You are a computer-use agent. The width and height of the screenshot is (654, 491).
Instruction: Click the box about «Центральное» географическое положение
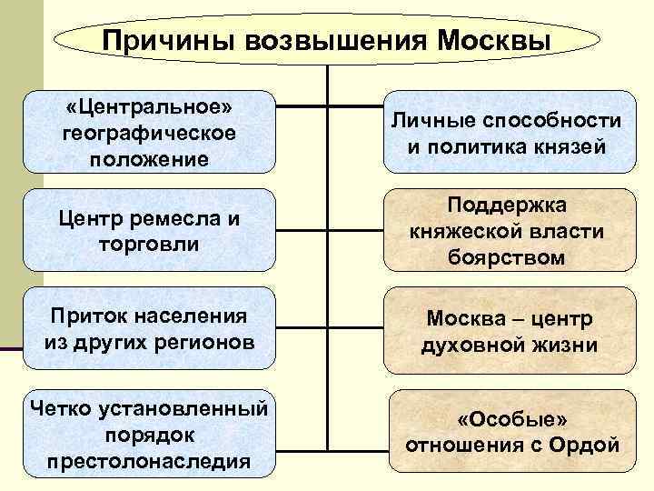coord(149,133)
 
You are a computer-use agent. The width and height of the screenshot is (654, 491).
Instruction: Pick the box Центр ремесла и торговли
coord(149,231)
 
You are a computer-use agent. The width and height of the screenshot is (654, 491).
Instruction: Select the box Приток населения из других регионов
coord(149,329)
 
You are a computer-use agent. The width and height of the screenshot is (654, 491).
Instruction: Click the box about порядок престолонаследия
coord(149,433)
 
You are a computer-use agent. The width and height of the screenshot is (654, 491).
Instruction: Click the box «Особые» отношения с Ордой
coord(512,433)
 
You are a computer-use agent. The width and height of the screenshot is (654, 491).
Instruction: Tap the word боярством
coord(506,257)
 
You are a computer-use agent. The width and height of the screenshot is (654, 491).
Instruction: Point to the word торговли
coord(148,245)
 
